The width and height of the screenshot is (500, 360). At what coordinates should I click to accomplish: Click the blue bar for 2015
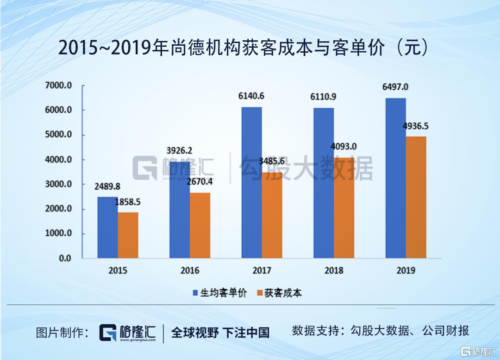(x=107, y=227)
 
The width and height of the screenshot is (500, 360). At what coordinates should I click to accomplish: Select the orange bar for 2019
(x=416, y=197)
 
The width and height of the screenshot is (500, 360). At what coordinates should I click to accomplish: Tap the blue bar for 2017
(x=251, y=182)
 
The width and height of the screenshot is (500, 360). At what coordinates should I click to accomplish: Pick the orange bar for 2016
(x=200, y=225)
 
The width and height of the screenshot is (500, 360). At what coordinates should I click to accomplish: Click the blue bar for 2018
(x=324, y=183)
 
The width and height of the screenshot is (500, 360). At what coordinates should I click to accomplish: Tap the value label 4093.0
(x=344, y=147)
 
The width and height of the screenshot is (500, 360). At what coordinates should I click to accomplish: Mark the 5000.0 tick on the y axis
(x=58, y=135)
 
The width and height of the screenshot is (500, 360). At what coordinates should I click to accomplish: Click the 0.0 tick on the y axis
(x=65, y=258)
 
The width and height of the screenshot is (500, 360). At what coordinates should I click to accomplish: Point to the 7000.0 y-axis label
(x=58, y=86)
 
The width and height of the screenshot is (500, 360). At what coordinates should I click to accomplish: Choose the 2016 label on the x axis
(x=190, y=271)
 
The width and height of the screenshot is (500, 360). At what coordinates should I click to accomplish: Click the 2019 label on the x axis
(x=406, y=271)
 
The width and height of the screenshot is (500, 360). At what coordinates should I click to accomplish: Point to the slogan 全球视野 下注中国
(x=220, y=332)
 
